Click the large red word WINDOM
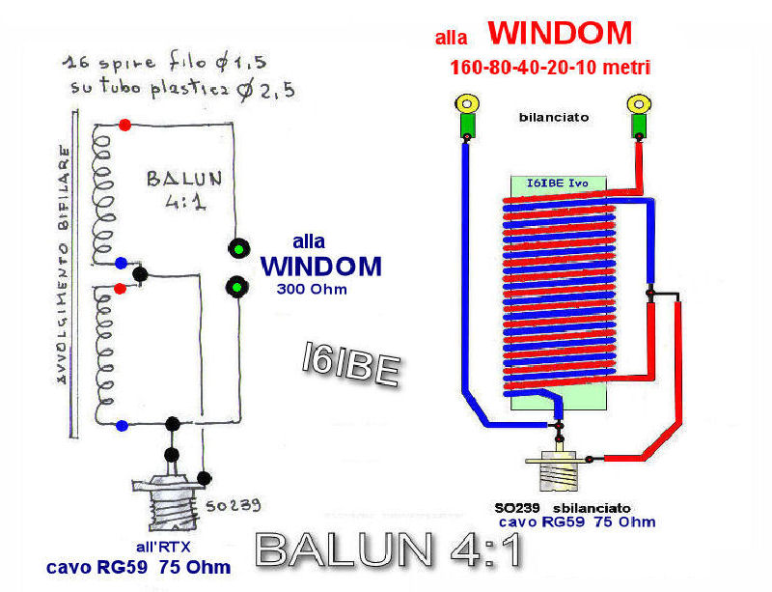coord(560,35)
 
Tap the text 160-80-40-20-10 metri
coord(549,70)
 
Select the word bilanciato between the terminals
coord(553,118)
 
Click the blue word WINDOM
coord(320,266)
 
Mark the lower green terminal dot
coord(237,286)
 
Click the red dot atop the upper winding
coord(124,126)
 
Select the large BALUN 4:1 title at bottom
coord(389,551)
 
